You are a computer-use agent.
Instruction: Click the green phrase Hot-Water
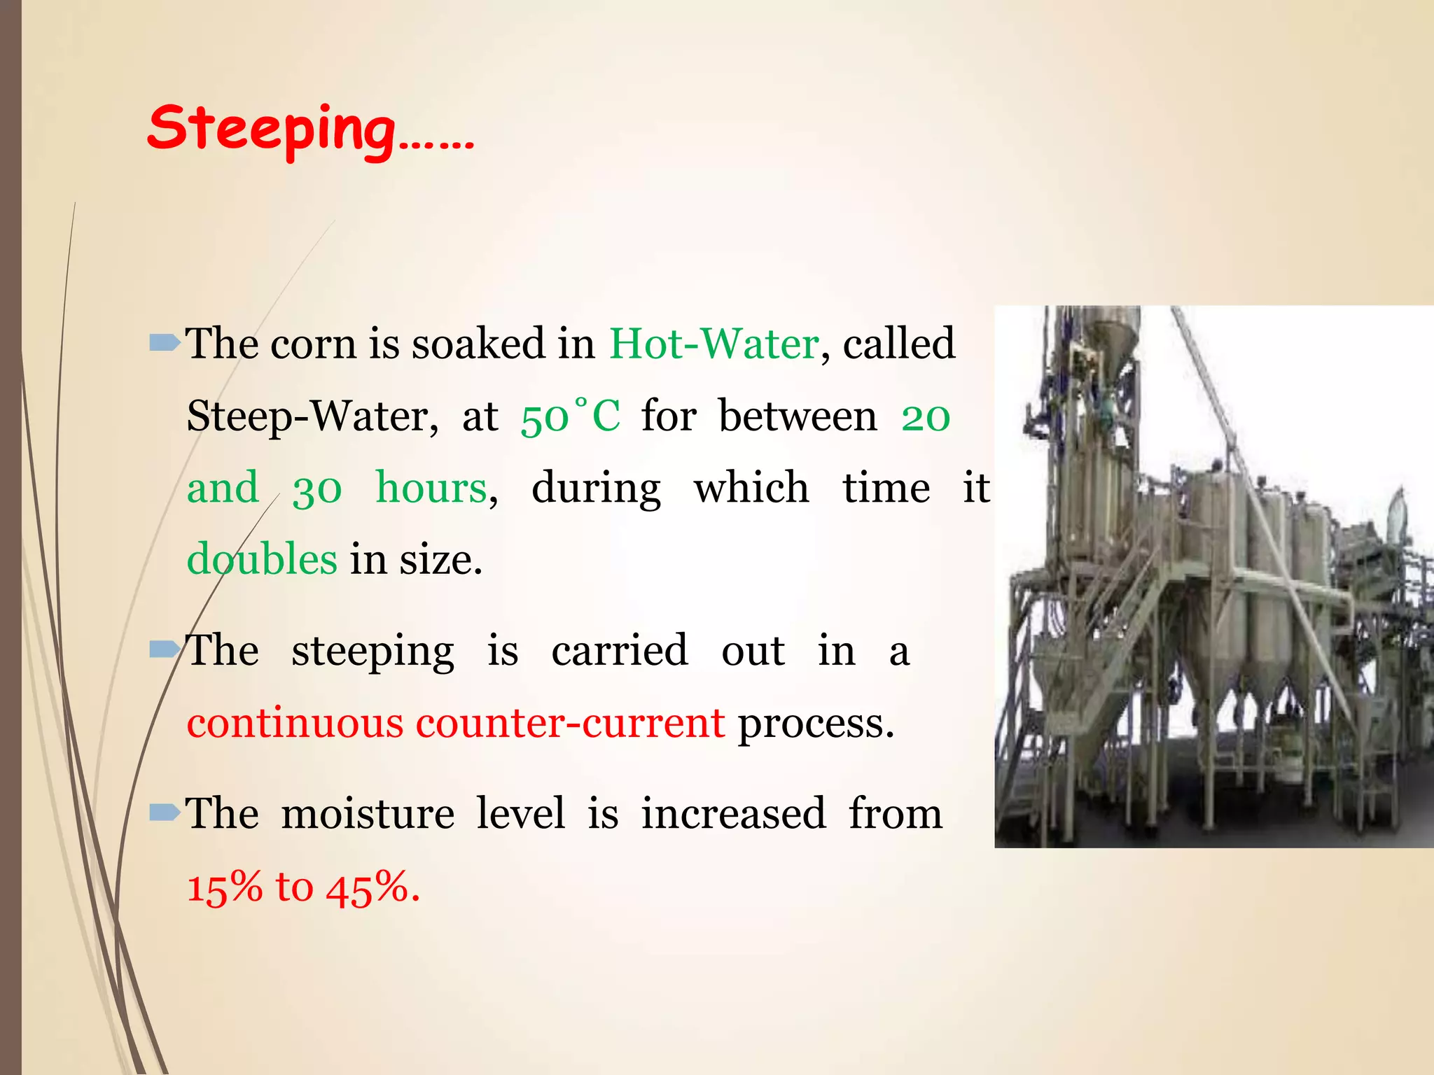point(713,344)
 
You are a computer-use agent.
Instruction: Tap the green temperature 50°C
point(570,416)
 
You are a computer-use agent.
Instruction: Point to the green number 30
point(317,489)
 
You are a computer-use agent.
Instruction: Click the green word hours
point(431,488)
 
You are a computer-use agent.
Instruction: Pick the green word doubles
point(262,560)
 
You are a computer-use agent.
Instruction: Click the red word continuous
point(295,723)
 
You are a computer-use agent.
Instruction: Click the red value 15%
point(224,887)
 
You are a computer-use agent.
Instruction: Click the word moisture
point(368,814)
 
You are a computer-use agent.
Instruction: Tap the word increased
point(733,814)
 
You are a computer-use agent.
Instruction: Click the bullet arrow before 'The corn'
point(165,343)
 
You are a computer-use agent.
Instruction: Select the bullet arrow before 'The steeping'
point(165,650)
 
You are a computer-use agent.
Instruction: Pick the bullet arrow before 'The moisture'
point(165,813)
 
